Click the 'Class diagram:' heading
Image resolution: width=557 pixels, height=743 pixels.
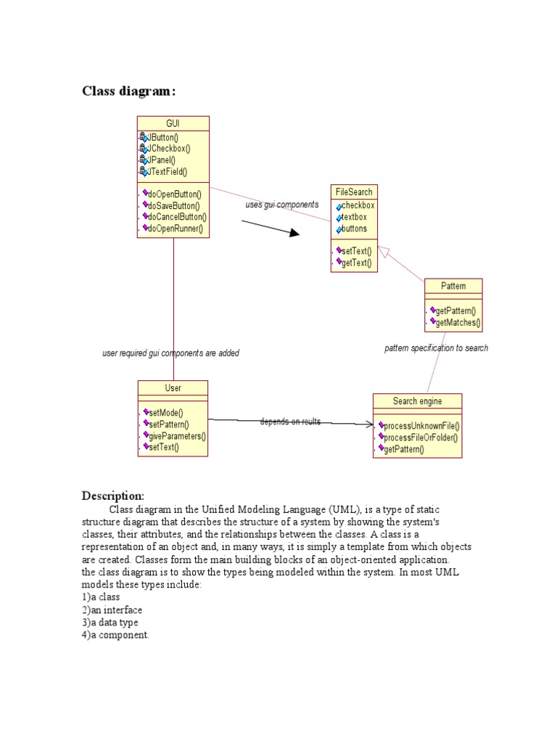coord(128,91)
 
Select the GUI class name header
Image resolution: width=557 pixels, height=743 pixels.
coord(173,123)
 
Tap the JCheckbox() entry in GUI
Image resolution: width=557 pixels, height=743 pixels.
coord(168,149)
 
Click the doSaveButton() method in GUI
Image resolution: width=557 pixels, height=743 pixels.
coord(173,205)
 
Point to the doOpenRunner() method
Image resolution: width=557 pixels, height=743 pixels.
coord(174,229)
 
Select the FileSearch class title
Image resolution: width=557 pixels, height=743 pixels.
coord(354,192)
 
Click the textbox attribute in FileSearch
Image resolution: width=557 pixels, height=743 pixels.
coord(354,217)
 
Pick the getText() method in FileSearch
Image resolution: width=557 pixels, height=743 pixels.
coord(355,263)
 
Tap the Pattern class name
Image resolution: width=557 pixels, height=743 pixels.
coord(453,286)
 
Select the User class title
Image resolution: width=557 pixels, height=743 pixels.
coord(173,388)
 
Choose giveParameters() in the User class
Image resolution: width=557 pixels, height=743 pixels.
coord(177,436)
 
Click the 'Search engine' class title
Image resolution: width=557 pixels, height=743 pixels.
coord(417,401)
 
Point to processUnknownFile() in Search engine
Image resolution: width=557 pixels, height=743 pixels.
coord(421,426)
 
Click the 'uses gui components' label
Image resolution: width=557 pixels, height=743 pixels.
coord(281,205)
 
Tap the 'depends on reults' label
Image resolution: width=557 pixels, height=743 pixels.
coord(290,422)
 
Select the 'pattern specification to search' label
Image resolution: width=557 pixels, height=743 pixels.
coord(436,348)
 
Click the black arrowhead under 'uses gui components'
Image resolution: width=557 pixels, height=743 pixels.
coord(294,233)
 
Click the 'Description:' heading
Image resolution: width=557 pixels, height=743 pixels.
coord(112,496)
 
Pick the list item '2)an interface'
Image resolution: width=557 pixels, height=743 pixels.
coord(112,609)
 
